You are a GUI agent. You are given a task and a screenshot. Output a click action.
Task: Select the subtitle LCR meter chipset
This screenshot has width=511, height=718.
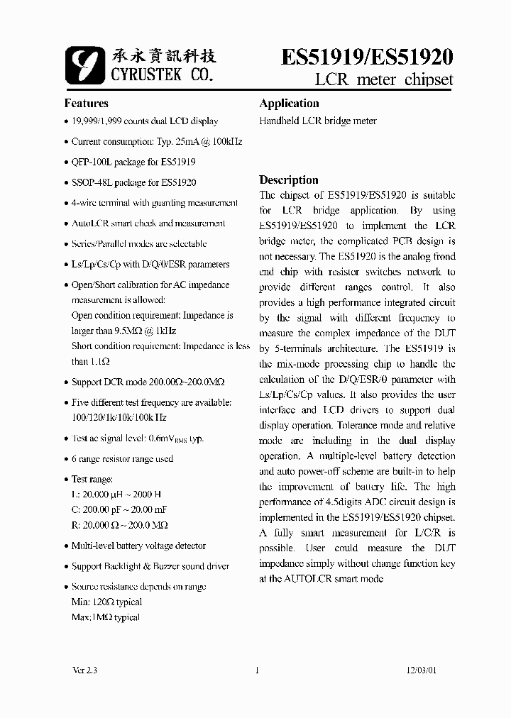tap(384, 79)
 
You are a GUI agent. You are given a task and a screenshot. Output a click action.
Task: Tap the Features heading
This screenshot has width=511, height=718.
tap(87, 103)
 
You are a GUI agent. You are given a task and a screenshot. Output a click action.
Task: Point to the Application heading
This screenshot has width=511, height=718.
tap(289, 103)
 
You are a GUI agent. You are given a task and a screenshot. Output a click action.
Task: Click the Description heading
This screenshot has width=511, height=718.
tap(288, 179)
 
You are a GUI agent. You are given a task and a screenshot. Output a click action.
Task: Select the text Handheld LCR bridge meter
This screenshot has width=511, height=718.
tap(318, 121)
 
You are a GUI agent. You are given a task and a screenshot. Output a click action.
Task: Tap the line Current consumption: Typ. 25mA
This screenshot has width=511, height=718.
tap(156, 142)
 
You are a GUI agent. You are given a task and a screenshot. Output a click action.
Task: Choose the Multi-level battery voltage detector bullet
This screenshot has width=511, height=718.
tap(138, 546)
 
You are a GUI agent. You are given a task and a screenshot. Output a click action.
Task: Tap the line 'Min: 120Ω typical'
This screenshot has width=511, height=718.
tap(106, 602)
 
